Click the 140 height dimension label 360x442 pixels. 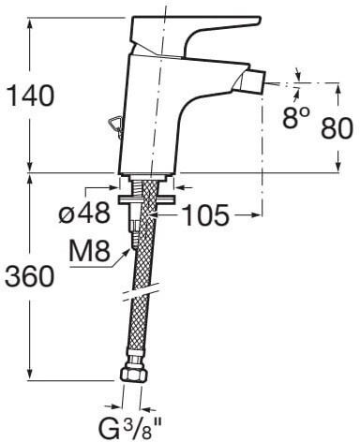click(x=30, y=96)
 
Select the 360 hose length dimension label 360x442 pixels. click(x=30, y=276)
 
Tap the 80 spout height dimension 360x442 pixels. click(x=337, y=127)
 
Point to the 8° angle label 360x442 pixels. click(x=296, y=117)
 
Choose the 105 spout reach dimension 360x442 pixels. click(x=205, y=215)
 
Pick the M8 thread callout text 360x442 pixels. click(x=89, y=251)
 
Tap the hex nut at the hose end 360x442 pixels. click(x=133, y=374)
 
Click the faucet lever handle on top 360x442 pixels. click(x=194, y=30)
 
